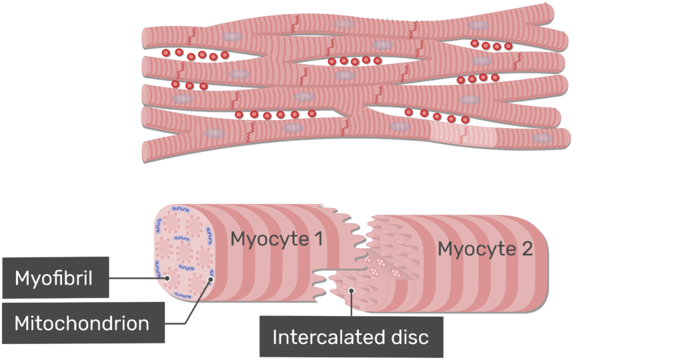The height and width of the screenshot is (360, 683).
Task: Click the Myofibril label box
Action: pos(55,277)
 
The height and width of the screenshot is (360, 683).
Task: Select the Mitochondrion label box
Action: pos(82,323)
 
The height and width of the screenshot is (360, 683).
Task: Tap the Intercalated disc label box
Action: pos(350,337)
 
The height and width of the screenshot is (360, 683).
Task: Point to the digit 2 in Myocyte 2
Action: pos(527,249)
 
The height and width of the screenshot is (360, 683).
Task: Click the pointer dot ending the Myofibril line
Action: pos(167,278)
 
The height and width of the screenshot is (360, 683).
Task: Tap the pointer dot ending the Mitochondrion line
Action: pos(210,281)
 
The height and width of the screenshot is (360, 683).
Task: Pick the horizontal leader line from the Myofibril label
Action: pos(137,277)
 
